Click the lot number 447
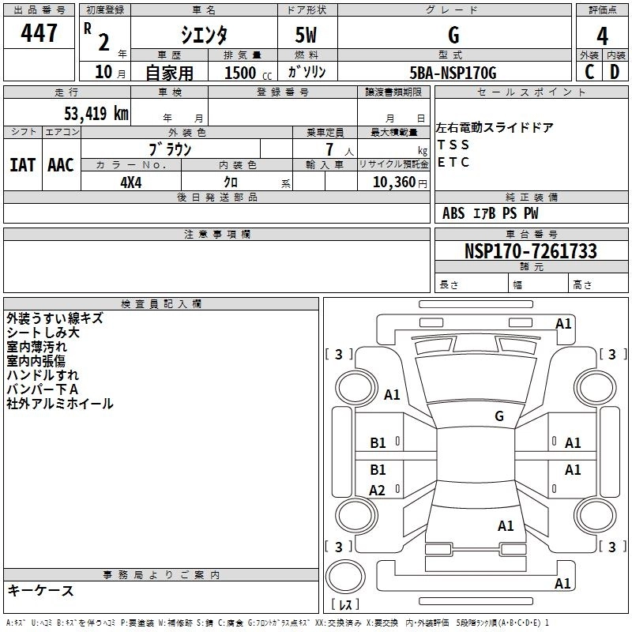pyautogui.click(x=40, y=33)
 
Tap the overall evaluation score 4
pyautogui.click(x=602, y=36)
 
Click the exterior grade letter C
pyautogui.click(x=589, y=72)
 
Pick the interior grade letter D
pyautogui.click(x=615, y=72)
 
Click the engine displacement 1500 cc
pyautogui.click(x=246, y=73)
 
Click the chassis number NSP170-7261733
pyautogui.click(x=531, y=251)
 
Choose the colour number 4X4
pyautogui.click(x=130, y=182)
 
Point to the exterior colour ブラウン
pyautogui.click(x=170, y=149)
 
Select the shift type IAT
pyautogui.click(x=23, y=164)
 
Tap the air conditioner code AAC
pyautogui.click(x=61, y=164)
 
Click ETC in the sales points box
pyautogui.click(x=453, y=163)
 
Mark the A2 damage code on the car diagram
pyautogui.click(x=378, y=491)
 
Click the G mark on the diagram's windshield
pyautogui.click(x=499, y=416)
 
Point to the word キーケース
pyautogui.click(x=40, y=591)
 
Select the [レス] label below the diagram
pyautogui.click(x=344, y=605)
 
